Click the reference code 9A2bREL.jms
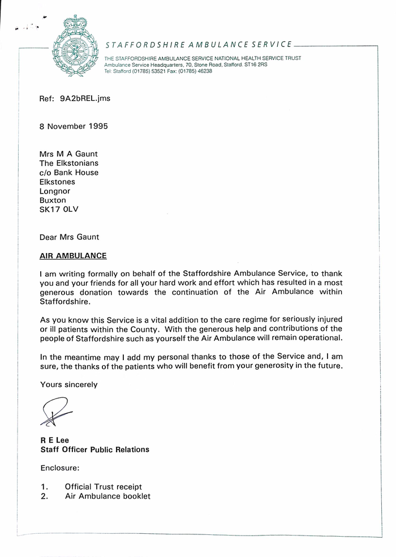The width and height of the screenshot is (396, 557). (85, 98)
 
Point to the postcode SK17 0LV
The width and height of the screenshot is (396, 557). (59, 209)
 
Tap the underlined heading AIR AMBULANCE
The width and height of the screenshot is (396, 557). (73, 255)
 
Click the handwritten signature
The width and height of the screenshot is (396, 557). (56, 412)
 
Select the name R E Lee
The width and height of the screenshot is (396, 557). (53, 440)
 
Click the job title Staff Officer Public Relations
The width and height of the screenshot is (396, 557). (94, 449)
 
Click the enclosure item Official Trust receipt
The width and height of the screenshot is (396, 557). (103, 487)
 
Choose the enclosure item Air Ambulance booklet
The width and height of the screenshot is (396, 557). (107, 496)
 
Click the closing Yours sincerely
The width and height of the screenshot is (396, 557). (68, 384)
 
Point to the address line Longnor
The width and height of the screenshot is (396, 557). (55, 191)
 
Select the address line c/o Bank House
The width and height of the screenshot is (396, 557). (68, 173)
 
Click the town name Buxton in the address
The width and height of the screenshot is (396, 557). (53, 200)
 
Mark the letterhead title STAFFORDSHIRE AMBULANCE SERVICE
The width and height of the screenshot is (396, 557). (199, 44)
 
